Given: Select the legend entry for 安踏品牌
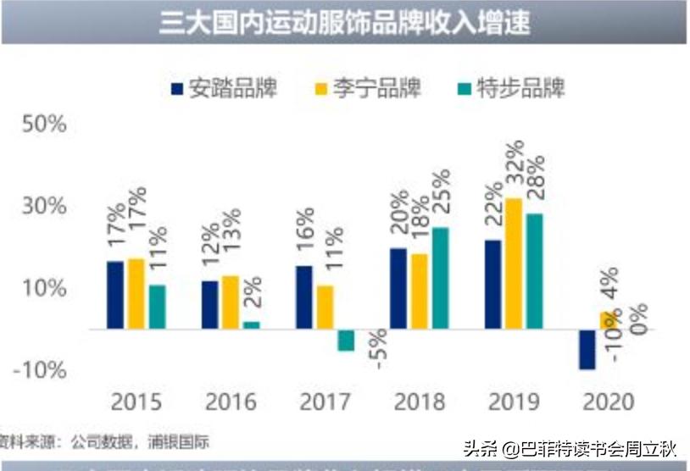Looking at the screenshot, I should tap(224, 89).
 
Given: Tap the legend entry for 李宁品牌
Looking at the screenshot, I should tap(368, 89).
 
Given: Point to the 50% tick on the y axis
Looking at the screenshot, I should tap(44, 125).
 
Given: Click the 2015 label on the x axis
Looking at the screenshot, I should tap(136, 400).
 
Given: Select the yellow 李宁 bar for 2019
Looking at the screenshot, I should tap(513, 263).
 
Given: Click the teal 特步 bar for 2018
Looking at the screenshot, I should tap(439, 278).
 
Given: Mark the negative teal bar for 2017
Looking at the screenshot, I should tap(346, 340).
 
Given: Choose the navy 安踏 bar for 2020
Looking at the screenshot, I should tap(587, 349).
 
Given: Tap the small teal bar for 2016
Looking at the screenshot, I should tap(252, 325).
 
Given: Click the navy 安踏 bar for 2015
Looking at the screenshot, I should tap(115, 295).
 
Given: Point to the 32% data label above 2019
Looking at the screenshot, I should tap(513, 175).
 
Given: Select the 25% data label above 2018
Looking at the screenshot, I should tap(440, 193).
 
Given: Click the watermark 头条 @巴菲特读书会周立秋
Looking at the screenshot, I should tap(570, 446).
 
